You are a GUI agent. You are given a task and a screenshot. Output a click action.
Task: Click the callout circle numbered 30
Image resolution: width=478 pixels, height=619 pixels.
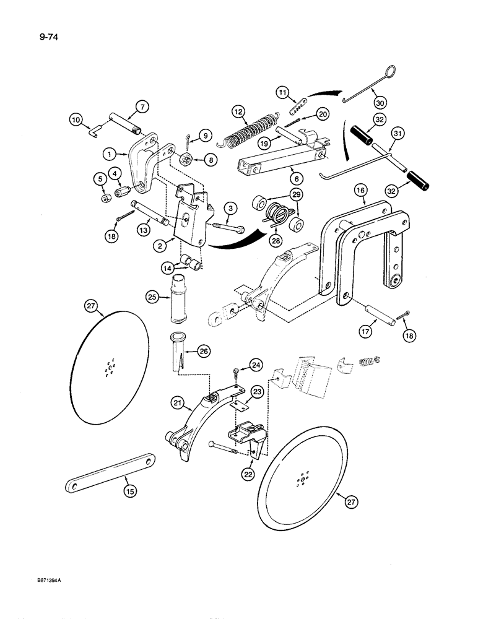point(376,97)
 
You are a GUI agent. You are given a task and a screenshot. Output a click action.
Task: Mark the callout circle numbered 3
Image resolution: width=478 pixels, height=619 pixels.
point(229,207)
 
